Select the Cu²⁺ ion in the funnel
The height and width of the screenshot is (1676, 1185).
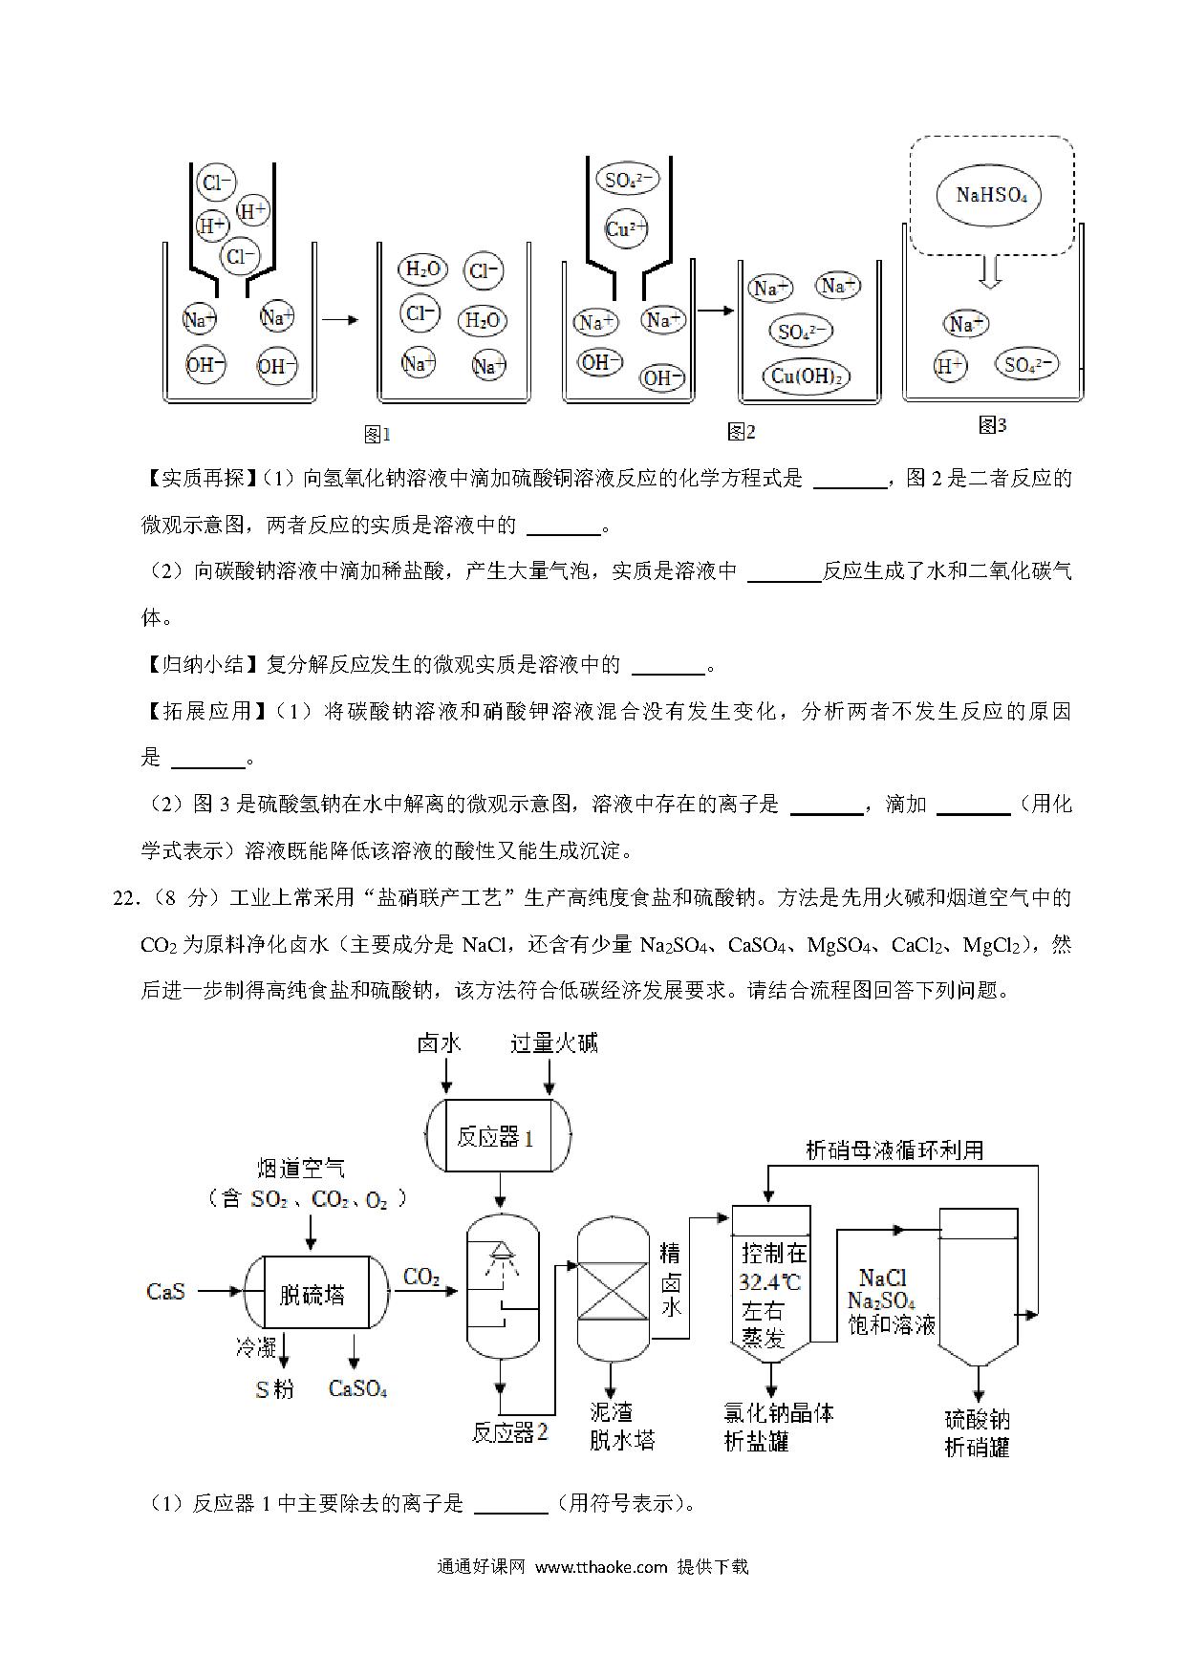[x=626, y=229]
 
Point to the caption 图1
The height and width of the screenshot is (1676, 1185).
[x=377, y=435]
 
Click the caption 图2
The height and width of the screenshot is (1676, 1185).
[x=741, y=432]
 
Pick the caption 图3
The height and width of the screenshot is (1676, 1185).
[x=992, y=425]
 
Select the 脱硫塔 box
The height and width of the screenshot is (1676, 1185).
[x=313, y=1293]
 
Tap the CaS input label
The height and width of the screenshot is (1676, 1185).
[x=165, y=1292]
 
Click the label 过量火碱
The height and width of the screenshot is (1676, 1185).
[x=554, y=1042]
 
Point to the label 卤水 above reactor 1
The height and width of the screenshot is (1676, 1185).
[x=440, y=1042]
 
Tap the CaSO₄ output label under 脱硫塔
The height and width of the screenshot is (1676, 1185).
[x=357, y=1388]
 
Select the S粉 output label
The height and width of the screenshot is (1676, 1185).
[x=274, y=1388]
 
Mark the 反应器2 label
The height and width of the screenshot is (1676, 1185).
[x=510, y=1432]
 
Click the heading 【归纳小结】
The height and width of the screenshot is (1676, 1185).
[x=201, y=665]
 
